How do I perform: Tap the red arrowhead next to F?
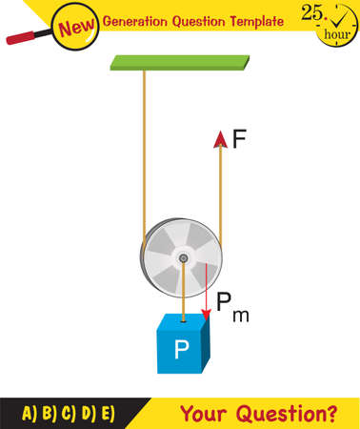coord(220,139)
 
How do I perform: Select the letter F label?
coord(239,139)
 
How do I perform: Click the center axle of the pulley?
coord(181,258)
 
